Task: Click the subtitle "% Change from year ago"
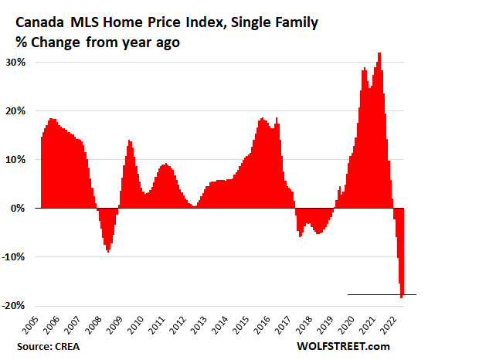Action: pos(97,42)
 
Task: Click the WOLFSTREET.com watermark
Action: pos(343,347)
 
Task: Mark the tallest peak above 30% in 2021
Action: pos(379,54)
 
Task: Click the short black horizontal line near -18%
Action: pos(382,294)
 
